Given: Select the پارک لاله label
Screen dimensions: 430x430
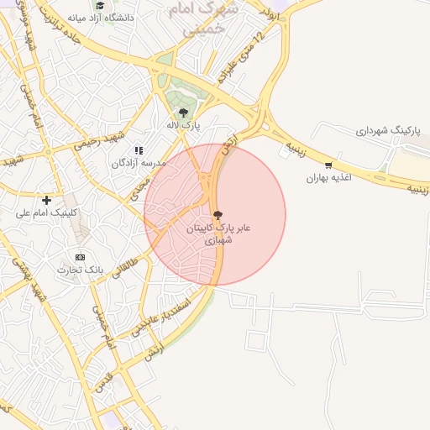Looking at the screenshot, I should tap(183, 124).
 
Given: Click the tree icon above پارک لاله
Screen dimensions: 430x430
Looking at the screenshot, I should tap(183, 113).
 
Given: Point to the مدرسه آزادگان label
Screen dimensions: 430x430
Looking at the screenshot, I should tap(139, 162).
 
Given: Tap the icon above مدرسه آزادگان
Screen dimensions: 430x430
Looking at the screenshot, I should tap(139, 150).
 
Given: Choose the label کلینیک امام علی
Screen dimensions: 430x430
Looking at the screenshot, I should tap(46, 213).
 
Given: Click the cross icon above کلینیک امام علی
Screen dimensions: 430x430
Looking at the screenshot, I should tap(46, 200).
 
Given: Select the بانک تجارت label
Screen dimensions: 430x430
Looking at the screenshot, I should tap(80, 270).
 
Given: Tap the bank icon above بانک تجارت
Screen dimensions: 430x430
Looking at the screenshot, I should tap(80, 257).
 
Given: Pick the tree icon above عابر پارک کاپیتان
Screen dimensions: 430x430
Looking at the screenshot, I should tap(218, 215).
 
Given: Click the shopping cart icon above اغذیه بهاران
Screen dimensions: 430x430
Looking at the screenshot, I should tap(328, 165).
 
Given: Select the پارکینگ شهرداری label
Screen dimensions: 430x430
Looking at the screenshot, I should tap(385, 131).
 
